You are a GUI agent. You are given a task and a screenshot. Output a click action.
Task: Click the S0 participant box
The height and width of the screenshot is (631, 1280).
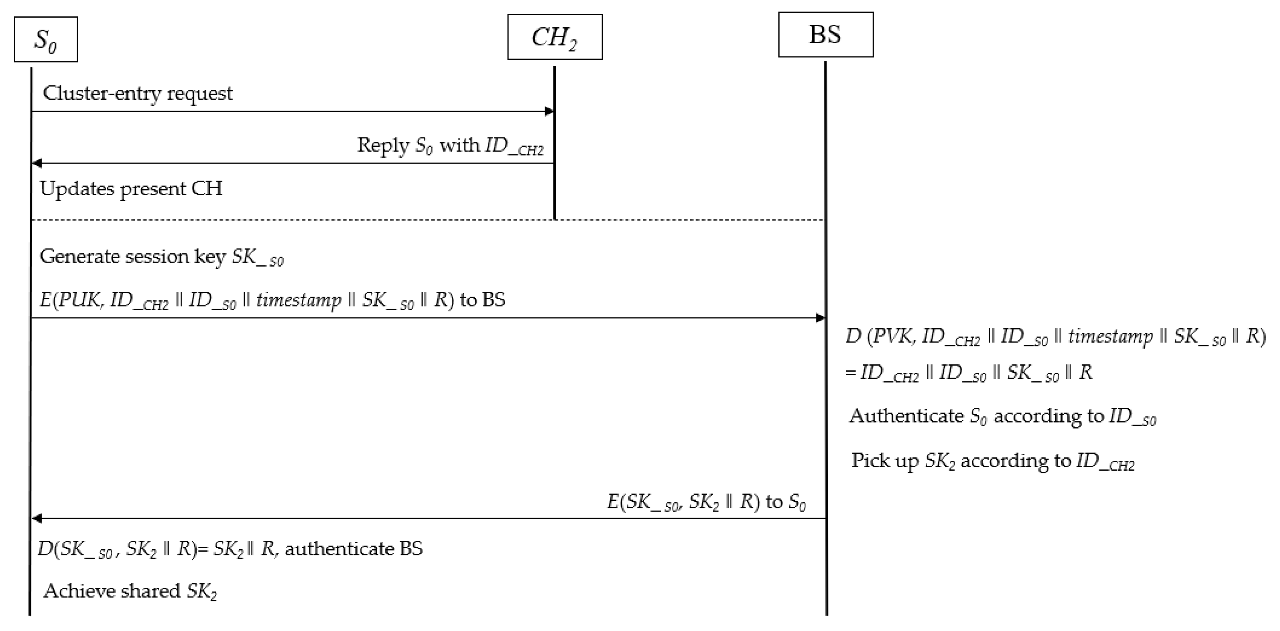(x=46, y=39)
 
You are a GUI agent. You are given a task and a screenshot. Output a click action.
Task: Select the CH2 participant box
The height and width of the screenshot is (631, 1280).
(x=555, y=37)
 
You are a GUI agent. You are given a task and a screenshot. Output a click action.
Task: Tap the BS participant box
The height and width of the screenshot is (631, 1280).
(x=825, y=35)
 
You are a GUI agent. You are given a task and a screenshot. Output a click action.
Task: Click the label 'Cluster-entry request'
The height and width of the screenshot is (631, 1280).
(x=138, y=93)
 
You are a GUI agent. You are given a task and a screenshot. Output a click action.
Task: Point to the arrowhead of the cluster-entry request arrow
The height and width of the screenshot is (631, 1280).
(x=550, y=111)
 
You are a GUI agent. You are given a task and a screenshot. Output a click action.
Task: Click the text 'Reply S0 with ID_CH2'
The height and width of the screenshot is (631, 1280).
(x=450, y=146)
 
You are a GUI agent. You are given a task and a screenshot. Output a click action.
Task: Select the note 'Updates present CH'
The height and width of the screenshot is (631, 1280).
(x=131, y=189)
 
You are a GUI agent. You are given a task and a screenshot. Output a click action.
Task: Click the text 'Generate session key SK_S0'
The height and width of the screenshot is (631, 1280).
(x=161, y=257)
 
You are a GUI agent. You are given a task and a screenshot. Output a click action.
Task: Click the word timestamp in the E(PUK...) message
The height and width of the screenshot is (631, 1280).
(x=299, y=300)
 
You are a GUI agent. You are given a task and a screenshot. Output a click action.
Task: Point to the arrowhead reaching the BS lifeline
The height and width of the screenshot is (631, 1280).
(x=821, y=318)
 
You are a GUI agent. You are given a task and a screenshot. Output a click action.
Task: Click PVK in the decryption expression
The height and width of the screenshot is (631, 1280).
(x=893, y=337)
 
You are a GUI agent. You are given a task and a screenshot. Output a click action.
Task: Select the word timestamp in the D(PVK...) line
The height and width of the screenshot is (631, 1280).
(x=1110, y=337)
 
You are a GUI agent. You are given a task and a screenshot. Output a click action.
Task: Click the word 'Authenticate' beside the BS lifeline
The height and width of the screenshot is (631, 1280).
(x=906, y=416)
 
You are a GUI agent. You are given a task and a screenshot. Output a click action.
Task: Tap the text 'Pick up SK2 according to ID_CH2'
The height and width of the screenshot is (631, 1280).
(x=993, y=461)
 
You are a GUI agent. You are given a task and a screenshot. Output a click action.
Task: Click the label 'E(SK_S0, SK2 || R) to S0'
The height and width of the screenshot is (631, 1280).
(x=706, y=502)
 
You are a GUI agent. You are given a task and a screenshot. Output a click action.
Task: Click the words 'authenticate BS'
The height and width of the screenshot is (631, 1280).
(x=353, y=548)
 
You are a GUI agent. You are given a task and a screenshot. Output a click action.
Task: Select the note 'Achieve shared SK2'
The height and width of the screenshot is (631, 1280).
(x=130, y=591)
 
